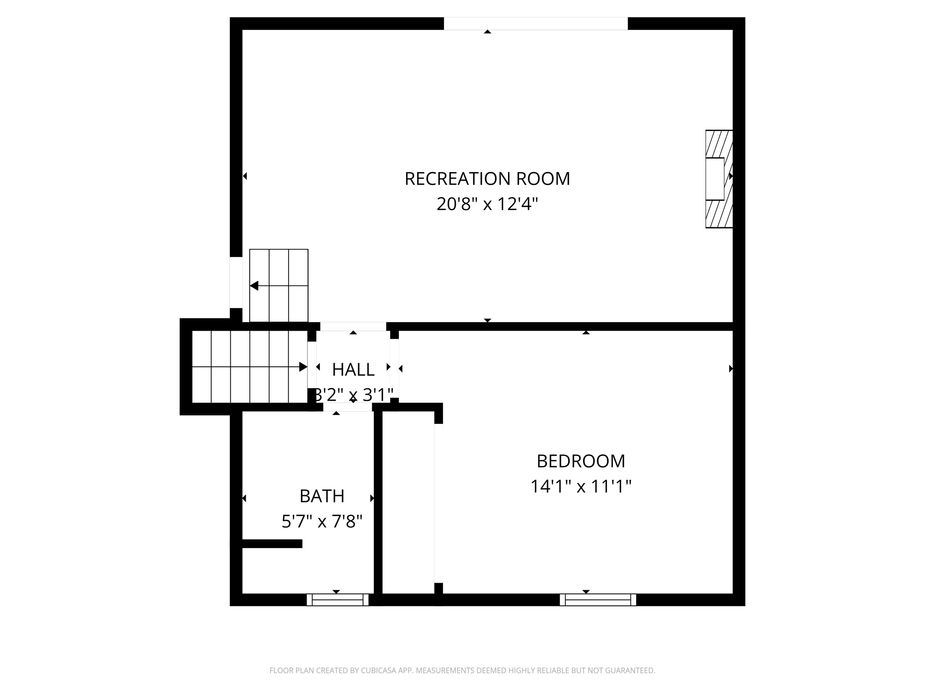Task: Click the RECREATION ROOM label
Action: (487, 179)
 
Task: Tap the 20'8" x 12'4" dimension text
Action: (487, 204)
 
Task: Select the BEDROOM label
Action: (580, 461)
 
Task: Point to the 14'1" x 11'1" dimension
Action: (580, 487)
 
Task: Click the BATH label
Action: (322, 496)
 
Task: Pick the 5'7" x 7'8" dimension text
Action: (322, 522)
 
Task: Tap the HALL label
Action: (353, 370)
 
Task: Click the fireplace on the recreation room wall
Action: (718, 179)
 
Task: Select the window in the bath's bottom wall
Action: (337, 600)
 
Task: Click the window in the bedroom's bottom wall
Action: (598, 600)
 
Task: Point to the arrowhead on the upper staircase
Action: (254, 286)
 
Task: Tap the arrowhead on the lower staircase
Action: (303, 367)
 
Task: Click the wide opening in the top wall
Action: (535, 23)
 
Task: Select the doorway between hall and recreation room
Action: (353, 326)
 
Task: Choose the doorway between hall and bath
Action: (347, 407)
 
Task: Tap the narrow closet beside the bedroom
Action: (408, 502)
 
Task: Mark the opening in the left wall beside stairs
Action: (236, 282)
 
